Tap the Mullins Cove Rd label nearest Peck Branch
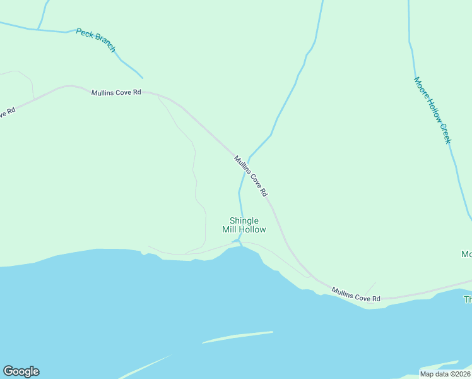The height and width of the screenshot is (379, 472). pyautogui.click(x=115, y=92)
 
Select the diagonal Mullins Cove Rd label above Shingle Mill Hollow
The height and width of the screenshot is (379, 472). pyautogui.click(x=251, y=175)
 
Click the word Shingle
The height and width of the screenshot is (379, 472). pyautogui.click(x=244, y=220)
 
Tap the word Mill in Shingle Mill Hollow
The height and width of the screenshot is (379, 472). pyautogui.click(x=230, y=229)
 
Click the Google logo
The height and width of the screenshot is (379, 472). pyautogui.click(x=21, y=371)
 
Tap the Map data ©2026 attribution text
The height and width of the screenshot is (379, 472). pyautogui.click(x=445, y=374)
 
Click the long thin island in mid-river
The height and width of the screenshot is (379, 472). pyautogui.click(x=238, y=337)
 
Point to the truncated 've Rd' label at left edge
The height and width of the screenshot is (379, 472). pyautogui.click(x=6, y=113)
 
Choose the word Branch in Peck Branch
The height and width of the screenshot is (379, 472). pyautogui.click(x=105, y=45)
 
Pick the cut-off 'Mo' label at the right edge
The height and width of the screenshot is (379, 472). pyautogui.click(x=466, y=254)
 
